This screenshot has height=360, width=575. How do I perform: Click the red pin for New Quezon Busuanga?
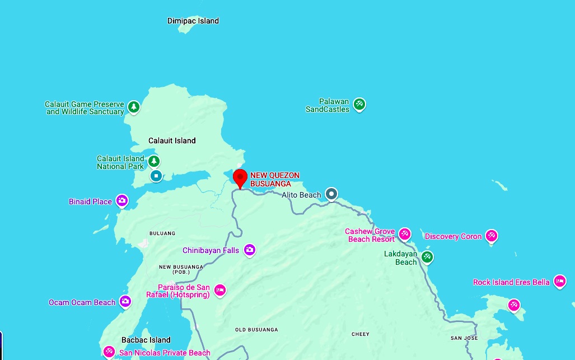[240, 179]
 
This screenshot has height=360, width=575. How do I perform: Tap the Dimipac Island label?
[193, 21]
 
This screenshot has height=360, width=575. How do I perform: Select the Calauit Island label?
[172, 141]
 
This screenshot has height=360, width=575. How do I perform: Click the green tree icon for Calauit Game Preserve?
[133, 106]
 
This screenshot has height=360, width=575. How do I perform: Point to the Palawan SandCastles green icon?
[359, 104]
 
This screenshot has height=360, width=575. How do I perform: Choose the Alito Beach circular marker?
[331, 194]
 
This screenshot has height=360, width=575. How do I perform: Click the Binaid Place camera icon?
[122, 200]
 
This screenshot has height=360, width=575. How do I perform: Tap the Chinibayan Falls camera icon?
[249, 250]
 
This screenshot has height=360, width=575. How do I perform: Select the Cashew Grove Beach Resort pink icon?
[405, 233]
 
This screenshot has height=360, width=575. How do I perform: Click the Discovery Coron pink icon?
[492, 235]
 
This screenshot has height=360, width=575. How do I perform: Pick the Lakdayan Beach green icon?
[427, 256]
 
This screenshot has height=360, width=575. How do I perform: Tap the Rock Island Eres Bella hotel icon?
[559, 281]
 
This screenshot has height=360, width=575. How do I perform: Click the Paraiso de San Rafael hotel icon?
[220, 289]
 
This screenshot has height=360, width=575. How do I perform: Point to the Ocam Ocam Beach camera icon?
[125, 301]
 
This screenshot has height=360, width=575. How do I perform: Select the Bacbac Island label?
[146, 340]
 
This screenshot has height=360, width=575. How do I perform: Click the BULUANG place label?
[162, 233]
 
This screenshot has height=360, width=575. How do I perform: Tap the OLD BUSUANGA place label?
[256, 330]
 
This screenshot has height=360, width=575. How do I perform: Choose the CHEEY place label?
[361, 334]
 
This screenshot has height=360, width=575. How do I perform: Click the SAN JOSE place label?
[464, 338]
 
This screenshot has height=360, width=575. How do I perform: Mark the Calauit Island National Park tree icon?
[154, 161]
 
